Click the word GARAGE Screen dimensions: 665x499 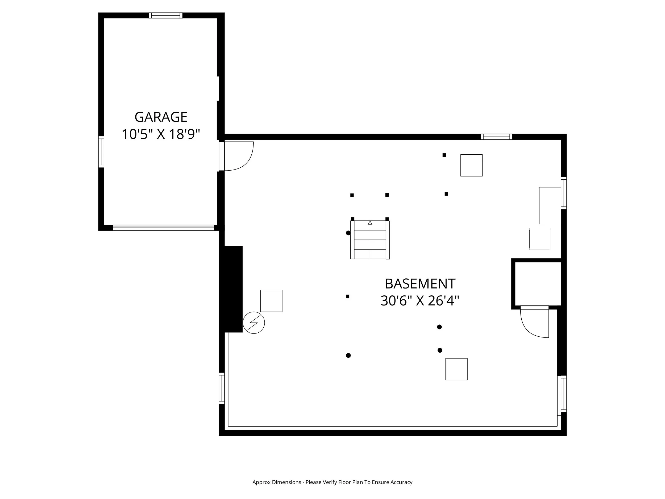point(161,117)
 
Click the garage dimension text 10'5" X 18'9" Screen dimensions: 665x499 point(161,134)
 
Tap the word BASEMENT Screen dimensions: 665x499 point(420,284)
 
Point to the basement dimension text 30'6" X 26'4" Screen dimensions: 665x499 point(420,301)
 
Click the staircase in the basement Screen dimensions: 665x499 point(370,240)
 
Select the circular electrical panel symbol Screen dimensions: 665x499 point(254,323)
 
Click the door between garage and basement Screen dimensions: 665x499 point(236,156)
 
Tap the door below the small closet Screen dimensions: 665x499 point(534,322)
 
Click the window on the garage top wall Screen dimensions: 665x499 point(166,15)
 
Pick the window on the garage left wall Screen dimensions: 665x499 point(101,152)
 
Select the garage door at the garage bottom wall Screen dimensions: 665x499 point(164,228)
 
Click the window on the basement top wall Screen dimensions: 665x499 point(496,137)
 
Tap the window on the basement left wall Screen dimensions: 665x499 point(222,388)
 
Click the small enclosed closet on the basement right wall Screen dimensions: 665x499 point(537,284)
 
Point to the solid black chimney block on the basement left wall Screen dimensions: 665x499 point(231,289)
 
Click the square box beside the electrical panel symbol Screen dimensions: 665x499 point(271,301)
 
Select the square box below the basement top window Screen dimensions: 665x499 point(471,166)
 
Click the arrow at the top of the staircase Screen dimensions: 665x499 point(370,223)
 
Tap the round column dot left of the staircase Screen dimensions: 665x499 point(348,233)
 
